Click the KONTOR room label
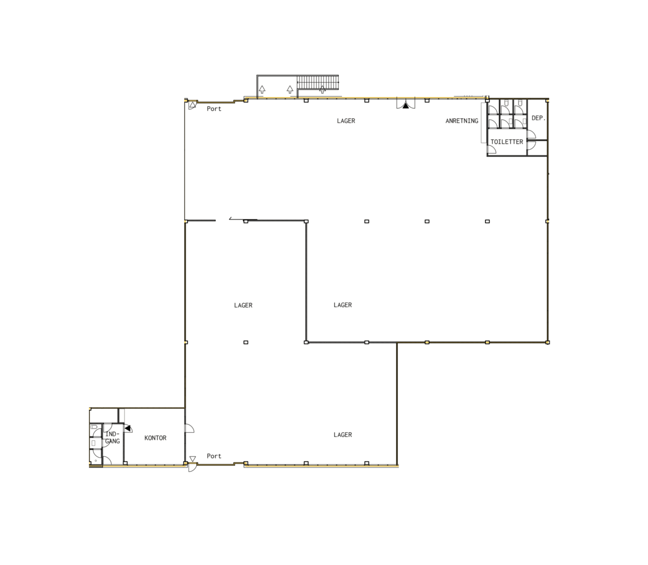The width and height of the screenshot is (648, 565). pyautogui.click(x=155, y=438)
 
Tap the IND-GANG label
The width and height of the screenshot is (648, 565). pyautogui.click(x=112, y=437)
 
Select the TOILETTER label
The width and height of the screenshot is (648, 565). pyautogui.click(x=507, y=142)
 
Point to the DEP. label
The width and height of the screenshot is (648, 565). pyautogui.click(x=539, y=118)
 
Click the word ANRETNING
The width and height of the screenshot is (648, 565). pyautogui.click(x=462, y=121)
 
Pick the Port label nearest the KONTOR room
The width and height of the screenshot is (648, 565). pyautogui.click(x=214, y=456)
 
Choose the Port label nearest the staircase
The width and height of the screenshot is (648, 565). pyautogui.click(x=214, y=109)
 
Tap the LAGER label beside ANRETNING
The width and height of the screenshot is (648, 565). pyautogui.click(x=346, y=121)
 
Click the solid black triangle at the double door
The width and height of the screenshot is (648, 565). pyautogui.click(x=406, y=106)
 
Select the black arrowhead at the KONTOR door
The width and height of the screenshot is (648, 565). pyautogui.click(x=128, y=428)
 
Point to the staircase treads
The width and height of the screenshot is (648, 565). pyautogui.click(x=318, y=82)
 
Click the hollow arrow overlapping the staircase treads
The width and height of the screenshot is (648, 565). pyautogui.click(x=322, y=89)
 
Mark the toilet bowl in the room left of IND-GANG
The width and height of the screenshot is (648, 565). pyautogui.click(x=93, y=427)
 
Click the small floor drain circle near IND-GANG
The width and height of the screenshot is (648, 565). pyautogui.click(x=96, y=461)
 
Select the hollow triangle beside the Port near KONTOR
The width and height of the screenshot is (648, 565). pyautogui.click(x=192, y=459)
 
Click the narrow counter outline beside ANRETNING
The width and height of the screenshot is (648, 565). pyautogui.click(x=484, y=123)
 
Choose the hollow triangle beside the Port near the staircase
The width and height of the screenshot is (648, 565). pyautogui.click(x=192, y=105)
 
